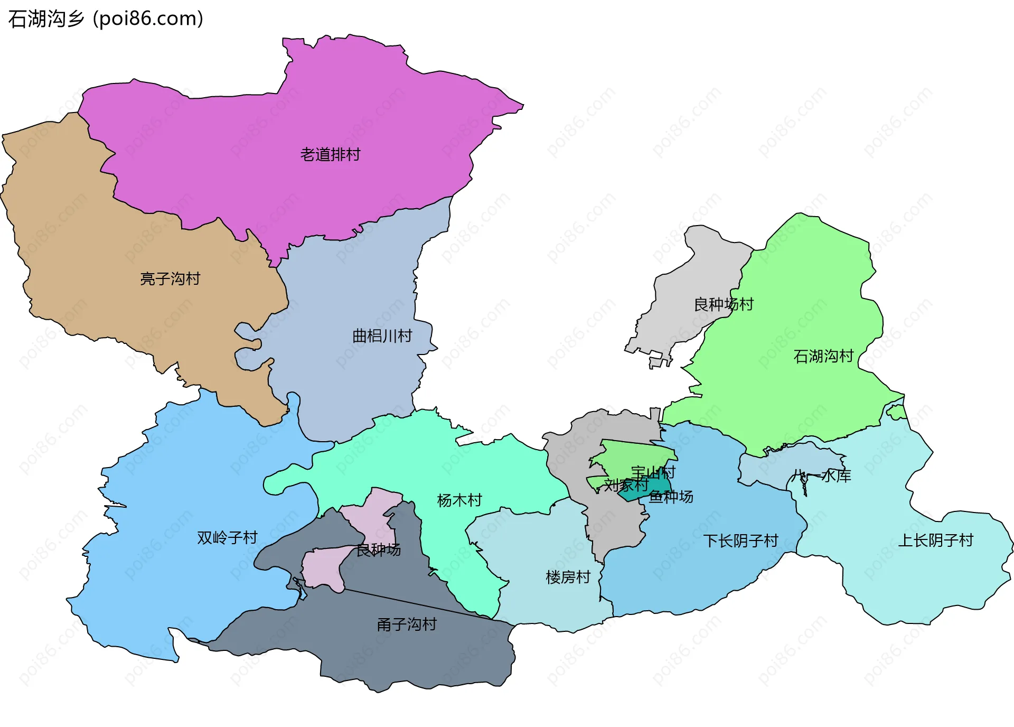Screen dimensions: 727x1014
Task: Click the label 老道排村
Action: pyautogui.click(x=330, y=155)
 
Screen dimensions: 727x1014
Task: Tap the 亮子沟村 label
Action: pyautogui.click(x=170, y=278)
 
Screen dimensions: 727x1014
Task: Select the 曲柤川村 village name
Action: pyautogui.click(x=382, y=336)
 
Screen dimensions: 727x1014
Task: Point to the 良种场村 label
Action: pyautogui.click(x=723, y=304)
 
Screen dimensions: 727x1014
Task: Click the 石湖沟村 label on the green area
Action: pyautogui.click(x=823, y=356)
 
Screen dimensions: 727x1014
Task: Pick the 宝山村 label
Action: pyautogui.click(x=653, y=472)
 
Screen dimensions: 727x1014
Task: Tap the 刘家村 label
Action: pyautogui.click(x=626, y=484)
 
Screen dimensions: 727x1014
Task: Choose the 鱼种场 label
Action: pyautogui.click(x=671, y=497)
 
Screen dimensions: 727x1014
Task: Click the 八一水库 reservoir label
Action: pyautogui.click(x=822, y=476)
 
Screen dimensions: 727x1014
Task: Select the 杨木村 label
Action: pyautogui.click(x=459, y=500)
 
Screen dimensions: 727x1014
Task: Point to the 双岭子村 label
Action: pyautogui.click(x=227, y=538)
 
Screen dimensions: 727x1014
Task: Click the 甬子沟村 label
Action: pyautogui.click(x=407, y=625)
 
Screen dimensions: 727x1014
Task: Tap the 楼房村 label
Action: pyautogui.click(x=568, y=577)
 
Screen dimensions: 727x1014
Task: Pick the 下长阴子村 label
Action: pyautogui.click(x=740, y=540)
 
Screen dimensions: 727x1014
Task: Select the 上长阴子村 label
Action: pyautogui.click(x=935, y=540)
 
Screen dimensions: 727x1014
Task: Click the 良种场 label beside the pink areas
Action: pyautogui.click(x=378, y=550)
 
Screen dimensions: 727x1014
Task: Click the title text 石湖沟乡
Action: pyautogui.click(x=46, y=19)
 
